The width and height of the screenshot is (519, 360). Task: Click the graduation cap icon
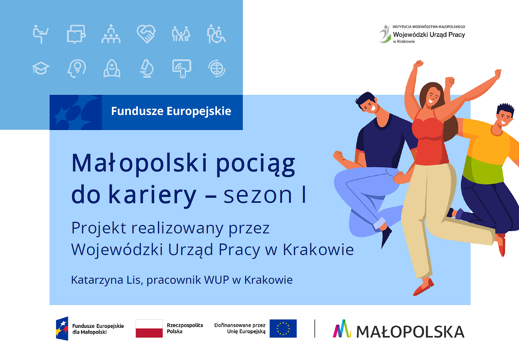[41, 69]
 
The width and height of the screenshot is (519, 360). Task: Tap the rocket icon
[112, 69]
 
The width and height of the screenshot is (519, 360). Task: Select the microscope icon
[147, 69]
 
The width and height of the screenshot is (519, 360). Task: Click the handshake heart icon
[146, 34]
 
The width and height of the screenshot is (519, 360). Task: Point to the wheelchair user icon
[216, 34]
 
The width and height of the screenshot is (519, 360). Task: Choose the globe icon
[217, 69]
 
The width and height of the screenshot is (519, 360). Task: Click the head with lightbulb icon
[77, 69]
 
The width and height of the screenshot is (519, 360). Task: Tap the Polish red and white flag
[149, 328]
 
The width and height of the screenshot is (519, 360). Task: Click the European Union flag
[283, 328]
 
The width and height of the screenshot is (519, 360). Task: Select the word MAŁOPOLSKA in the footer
[410, 332]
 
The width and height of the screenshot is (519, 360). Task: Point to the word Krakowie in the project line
[318, 250]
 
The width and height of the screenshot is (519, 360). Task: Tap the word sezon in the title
[258, 195]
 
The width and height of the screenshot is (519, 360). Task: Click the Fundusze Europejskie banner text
[171, 111]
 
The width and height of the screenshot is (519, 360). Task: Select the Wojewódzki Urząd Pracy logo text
[429, 34]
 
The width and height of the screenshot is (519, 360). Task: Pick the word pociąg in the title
[255, 164]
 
